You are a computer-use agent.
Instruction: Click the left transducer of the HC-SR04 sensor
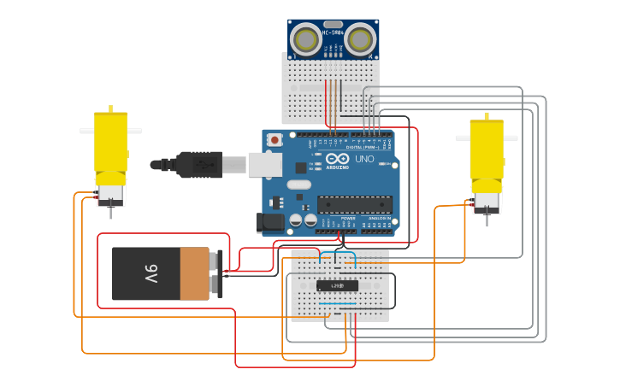click(304, 38)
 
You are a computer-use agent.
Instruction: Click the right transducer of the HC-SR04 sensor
click(361, 38)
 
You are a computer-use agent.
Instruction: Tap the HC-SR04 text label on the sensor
click(333, 33)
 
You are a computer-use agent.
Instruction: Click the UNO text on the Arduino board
click(364, 159)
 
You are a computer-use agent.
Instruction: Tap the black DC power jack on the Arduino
click(270, 222)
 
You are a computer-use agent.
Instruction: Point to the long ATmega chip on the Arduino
click(355, 204)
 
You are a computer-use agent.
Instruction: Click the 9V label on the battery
click(151, 274)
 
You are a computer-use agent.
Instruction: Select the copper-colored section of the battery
click(194, 274)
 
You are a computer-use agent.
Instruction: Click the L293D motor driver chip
click(337, 285)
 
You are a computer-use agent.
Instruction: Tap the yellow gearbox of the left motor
click(110, 141)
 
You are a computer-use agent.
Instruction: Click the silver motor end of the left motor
click(110, 191)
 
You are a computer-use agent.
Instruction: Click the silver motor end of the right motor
click(486, 202)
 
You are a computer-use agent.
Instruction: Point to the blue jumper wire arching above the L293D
click(338, 255)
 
